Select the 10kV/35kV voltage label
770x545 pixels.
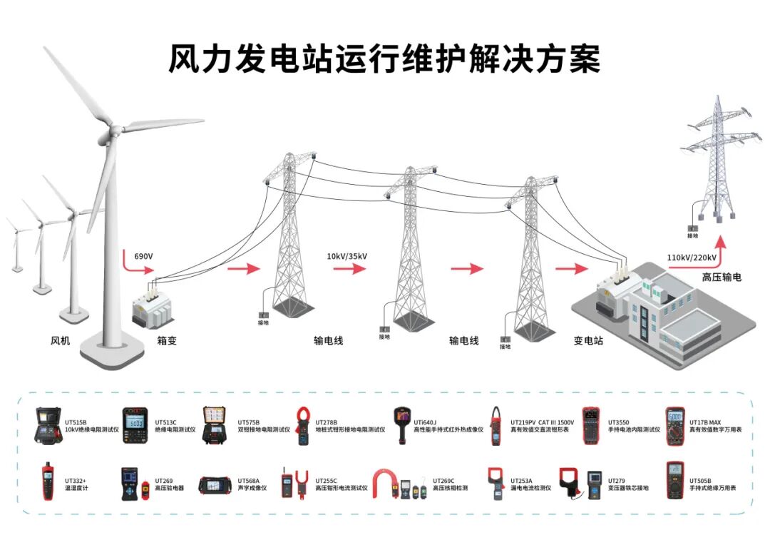coord(347,256)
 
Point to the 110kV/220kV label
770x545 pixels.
coord(692,258)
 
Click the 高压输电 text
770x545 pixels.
coord(721,277)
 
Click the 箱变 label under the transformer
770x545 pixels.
coord(166,341)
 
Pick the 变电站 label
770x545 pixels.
coord(588,341)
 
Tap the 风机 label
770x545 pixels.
coord(61,341)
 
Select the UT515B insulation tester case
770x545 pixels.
coord(48,426)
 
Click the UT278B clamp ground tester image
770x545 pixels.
coord(302,426)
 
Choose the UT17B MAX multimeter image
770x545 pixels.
coord(675,426)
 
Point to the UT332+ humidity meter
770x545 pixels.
coord(48,482)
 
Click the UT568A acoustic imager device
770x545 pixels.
coord(215,485)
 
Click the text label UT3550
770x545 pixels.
coord(618,422)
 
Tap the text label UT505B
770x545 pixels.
coord(699,481)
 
